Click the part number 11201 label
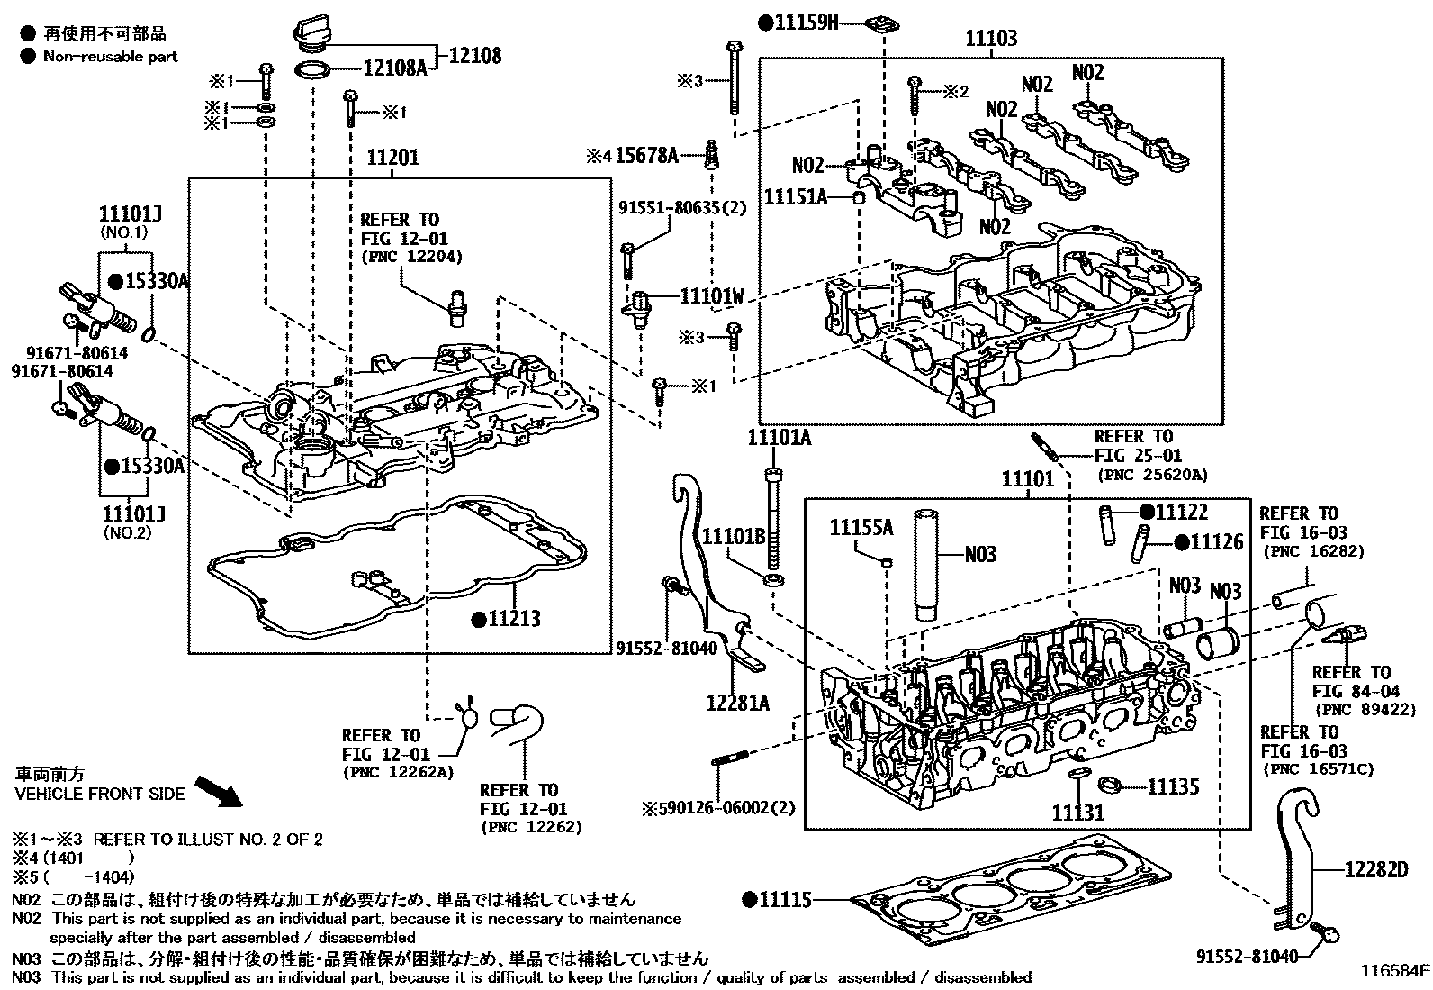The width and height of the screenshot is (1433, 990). tap(392, 159)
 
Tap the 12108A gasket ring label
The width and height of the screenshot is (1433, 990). tap(394, 68)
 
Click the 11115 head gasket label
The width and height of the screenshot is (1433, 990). tap(785, 899)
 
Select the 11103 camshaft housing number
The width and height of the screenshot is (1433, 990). tap(991, 39)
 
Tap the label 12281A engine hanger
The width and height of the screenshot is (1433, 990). tap(737, 702)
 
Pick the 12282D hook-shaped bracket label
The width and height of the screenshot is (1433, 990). tap(1375, 869)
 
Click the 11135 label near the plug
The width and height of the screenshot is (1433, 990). tap(1172, 786)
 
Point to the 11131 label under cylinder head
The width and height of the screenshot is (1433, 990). tap(1077, 813)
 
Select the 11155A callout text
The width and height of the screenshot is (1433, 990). tap(861, 527)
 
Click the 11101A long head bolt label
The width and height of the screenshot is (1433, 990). tap(779, 438)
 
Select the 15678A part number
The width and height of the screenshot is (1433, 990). tap(646, 156)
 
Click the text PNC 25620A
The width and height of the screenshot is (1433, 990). tap(1151, 475)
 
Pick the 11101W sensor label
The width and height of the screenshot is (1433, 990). tap(712, 295)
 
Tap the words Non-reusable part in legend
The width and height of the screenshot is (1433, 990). tap(110, 56)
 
